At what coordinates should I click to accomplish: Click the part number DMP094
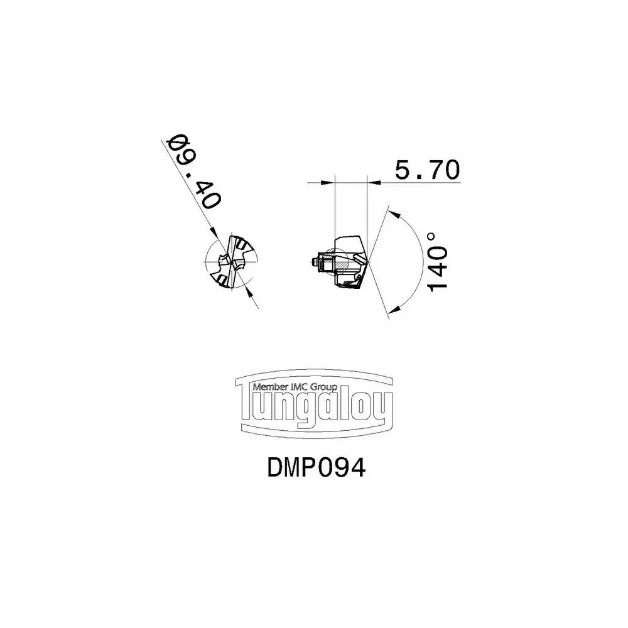316,467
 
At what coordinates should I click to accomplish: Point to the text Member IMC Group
295,387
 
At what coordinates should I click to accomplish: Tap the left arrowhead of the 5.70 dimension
328,183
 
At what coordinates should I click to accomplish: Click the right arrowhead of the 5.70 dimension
374,183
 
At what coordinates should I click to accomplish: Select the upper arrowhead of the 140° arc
394,214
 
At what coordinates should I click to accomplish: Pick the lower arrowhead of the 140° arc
395,309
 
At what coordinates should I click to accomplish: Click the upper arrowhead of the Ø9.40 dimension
214,234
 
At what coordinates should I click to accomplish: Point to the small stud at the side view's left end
312,262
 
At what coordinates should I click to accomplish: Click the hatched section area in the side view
340,266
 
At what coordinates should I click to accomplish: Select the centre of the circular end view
231,262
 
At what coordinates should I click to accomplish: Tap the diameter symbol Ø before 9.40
176,142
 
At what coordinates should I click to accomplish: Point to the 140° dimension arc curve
423,262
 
